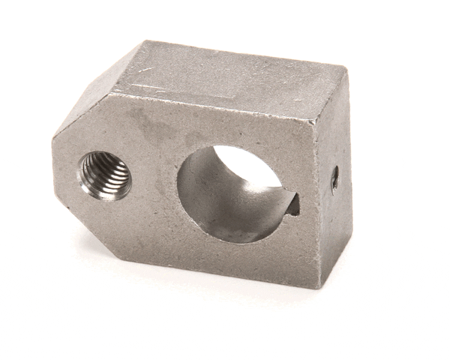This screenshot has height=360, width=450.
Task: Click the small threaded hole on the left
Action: pos(105,175)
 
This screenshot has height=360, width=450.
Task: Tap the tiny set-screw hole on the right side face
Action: pos(334,178)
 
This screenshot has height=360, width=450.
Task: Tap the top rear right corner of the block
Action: pos(346,70)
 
